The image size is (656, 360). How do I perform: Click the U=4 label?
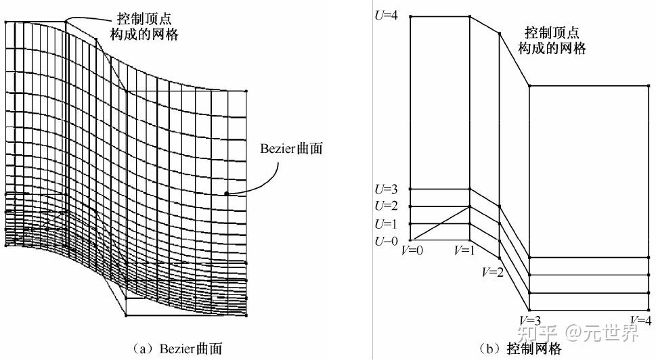pyautogui.click(x=386, y=16)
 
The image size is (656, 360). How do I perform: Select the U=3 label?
pyautogui.click(x=386, y=189)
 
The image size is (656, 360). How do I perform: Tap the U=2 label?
pyautogui.click(x=386, y=206)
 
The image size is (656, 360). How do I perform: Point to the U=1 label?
pyautogui.click(x=386, y=224)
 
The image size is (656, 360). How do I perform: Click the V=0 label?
pyautogui.click(x=412, y=250)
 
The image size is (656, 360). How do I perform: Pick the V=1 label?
pyautogui.click(x=465, y=250)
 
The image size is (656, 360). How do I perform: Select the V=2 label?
pyautogui.click(x=492, y=273)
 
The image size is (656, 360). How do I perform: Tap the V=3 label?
pyautogui.click(x=530, y=321)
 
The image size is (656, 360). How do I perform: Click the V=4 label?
pyautogui.click(x=640, y=321)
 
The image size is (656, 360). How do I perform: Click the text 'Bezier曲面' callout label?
pyautogui.click(x=292, y=148)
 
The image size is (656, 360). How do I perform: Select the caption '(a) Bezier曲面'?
pyautogui.click(x=177, y=348)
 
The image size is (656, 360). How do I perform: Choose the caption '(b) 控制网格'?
pyautogui.click(x=519, y=348)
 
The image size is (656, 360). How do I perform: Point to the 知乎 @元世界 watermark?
pyautogui.click(x=578, y=333)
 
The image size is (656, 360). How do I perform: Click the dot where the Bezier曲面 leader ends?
pyautogui.click(x=226, y=194)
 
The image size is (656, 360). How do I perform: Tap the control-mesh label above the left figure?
pyautogui.click(x=144, y=26)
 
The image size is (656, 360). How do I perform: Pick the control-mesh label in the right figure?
pyautogui.click(x=552, y=41)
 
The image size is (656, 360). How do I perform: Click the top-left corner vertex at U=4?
pyautogui.click(x=410, y=16)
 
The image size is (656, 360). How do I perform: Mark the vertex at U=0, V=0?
pyautogui.click(x=410, y=240)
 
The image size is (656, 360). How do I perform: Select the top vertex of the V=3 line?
pyautogui.click(x=529, y=86)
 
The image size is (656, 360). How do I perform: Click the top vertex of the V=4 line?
pyautogui.click(x=649, y=86)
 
